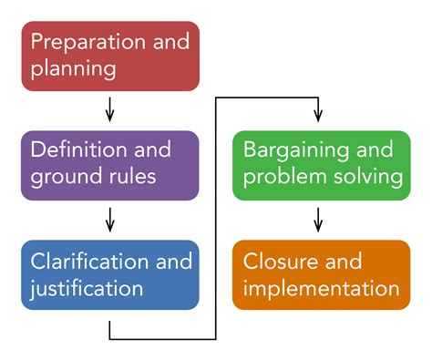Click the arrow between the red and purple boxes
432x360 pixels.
109,109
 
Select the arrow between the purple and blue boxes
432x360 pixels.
109,220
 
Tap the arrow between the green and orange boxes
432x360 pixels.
318,220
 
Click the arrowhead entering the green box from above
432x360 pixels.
318,117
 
